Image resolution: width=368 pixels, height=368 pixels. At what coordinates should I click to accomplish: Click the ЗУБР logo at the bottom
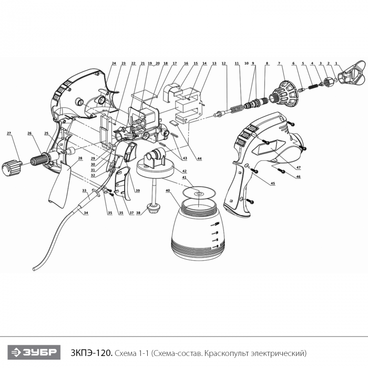click(x=34, y=352)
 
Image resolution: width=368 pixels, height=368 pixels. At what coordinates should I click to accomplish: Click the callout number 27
click(x=9, y=134)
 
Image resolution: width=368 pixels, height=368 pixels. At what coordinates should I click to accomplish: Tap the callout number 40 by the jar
click(x=168, y=190)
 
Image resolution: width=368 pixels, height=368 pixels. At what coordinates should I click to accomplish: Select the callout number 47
click(x=298, y=168)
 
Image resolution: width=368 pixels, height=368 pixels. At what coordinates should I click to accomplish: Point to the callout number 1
click(x=336, y=63)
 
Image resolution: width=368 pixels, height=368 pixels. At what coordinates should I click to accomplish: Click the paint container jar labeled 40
click(x=199, y=231)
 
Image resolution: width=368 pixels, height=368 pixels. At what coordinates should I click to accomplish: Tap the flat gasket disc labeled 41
click(x=199, y=193)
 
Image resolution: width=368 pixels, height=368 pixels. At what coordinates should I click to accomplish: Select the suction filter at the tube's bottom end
click(x=154, y=208)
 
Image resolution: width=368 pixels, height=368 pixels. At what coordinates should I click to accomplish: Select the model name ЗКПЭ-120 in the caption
click(x=92, y=353)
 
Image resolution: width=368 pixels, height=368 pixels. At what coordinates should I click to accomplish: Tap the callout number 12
click(x=223, y=64)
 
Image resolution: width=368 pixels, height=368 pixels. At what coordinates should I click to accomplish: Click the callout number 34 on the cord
click(x=86, y=213)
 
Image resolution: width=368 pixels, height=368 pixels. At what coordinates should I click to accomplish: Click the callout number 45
click(x=273, y=183)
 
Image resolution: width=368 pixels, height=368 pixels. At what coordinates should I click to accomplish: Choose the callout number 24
click(x=114, y=64)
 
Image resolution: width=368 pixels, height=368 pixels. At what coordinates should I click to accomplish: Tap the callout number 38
click(x=138, y=213)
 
